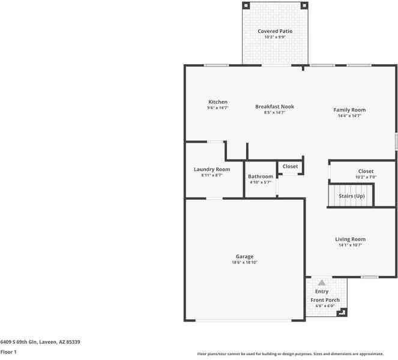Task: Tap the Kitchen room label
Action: pyautogui.click(x=218, y=102)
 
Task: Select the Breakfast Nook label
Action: pyautogui.click(x=274, y=107)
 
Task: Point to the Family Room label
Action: pyautogui.click(x=349, y=110)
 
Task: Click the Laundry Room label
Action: pyautogui.click(x=211, y=169)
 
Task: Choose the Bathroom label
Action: pyautogui.click(x=261, y=176)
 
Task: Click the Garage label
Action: pyautogui.click(x=244, y=256)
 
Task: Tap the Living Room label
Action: pyautogui.click(x=350, y=239)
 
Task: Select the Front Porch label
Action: pyautogui.click(x=325, y=300)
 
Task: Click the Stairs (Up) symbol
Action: pyautogui.click(x=351, y=196)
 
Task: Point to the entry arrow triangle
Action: pyautogui.click(x=322, y=283)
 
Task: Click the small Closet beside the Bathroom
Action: pyautogui.click(x=290, y=166)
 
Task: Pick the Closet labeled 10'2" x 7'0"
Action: pyautogui.click(x=366, y=172)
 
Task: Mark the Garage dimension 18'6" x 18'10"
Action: pyautogui.click(x=244, y=262)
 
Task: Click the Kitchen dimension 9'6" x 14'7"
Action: pyautogui.click(x=218, y=108)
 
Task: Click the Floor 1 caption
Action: pyautogui.click(x=8, y=352)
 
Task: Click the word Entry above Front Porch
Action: pyautogui.click(x=322, y=292)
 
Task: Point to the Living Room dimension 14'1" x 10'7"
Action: pyautogui.click(x=350, y=245)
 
